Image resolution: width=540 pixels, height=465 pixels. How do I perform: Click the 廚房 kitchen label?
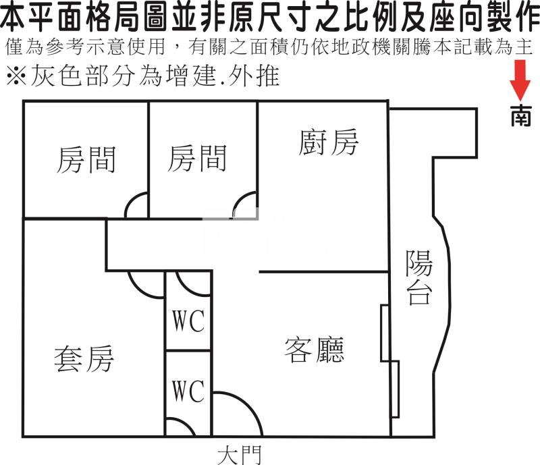click(328, 142)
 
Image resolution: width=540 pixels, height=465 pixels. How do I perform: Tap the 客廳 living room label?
click(314, 350)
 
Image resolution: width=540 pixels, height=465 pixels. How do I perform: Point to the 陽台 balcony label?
click(419, 277)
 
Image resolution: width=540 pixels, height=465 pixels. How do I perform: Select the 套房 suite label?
click(84, 358)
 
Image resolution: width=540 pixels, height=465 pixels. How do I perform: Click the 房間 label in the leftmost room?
click(86, 160)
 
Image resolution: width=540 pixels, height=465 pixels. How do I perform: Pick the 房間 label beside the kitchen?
click(196, 159)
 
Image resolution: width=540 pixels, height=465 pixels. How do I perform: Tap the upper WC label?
click(188, 322)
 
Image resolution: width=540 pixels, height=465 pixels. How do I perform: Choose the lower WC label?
click(188, 391)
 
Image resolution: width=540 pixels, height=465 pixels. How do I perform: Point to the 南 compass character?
click(520, 116)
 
